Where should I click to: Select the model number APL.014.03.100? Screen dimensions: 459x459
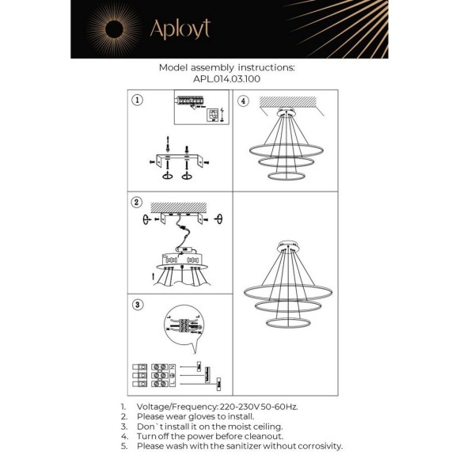pos(227,78)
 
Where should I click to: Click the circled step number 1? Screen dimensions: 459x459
pos(137,101)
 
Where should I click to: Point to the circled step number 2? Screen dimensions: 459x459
pos(137,202)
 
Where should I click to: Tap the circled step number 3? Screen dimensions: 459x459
pos(137,304)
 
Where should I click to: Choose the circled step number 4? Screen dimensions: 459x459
pos(243,101)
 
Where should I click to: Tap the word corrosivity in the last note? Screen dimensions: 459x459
pos(315,446)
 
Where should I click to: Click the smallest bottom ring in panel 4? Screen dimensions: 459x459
pos(286,174)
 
